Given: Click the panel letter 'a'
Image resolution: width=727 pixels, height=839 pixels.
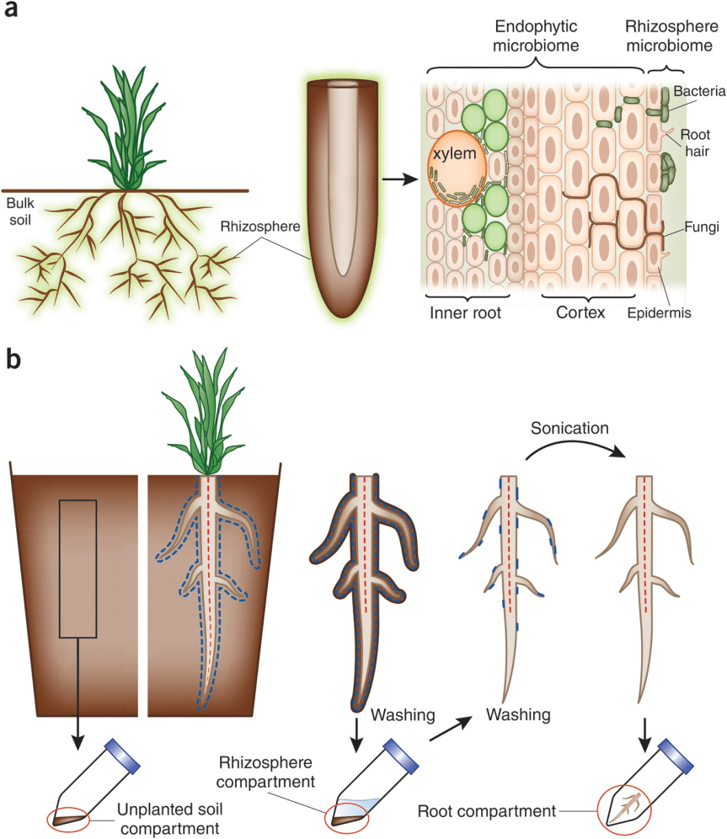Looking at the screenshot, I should [x=13, y=15].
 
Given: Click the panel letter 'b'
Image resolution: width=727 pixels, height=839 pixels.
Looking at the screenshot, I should [x=14, y=360].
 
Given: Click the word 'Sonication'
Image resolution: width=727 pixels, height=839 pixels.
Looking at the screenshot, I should [x=569, y=428].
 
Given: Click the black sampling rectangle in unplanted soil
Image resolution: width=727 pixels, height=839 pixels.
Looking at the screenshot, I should [x=78, y=568].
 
